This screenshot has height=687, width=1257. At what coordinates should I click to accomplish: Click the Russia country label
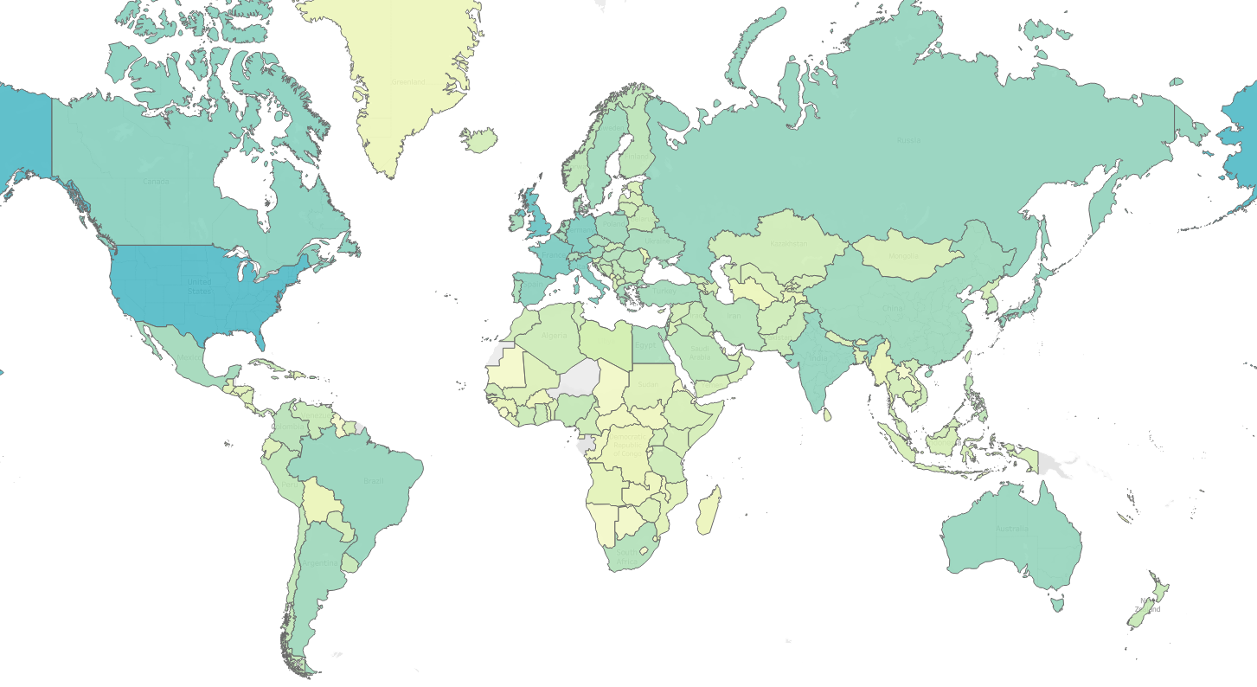click(x=908, y=139)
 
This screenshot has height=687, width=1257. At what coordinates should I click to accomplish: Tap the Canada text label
click(x=156, y=182)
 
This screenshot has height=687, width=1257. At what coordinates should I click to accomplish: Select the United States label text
click(x=199, y=286)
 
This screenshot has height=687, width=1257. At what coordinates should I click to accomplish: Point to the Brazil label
click(x=374, y=481)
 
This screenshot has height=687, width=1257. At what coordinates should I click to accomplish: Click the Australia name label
click(x=1011, y=529)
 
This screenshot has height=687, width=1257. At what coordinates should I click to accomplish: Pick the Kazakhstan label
click(x=789, y=244)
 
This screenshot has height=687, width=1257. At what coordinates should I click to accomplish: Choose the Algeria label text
click(x=554, y=336)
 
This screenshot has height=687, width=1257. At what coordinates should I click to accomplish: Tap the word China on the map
click(x=893, y=309)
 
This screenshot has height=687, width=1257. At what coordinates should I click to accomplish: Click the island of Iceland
click(x=478, y=139)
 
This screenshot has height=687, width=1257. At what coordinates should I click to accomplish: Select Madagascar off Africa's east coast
click(x=709, y=510)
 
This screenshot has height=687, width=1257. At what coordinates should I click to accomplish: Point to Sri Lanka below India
click(x=826, y=415)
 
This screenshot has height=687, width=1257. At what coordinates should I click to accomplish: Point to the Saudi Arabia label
click(x=699, y=353)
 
